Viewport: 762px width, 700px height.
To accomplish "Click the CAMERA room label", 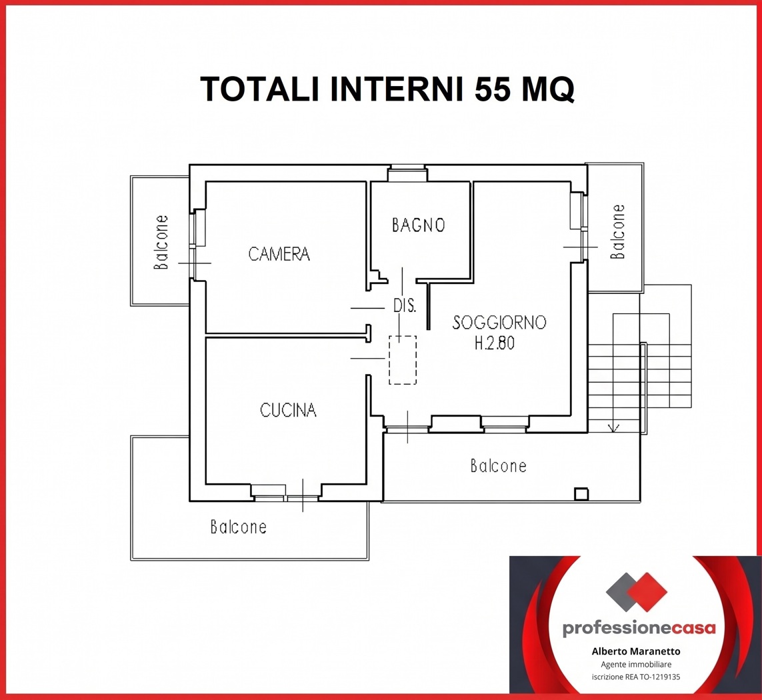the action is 279,254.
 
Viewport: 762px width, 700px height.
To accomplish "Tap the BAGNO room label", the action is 419,225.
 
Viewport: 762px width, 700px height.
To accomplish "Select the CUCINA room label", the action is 288,410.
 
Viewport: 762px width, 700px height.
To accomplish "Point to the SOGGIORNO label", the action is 499,322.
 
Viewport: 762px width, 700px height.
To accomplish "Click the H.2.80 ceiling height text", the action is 494,343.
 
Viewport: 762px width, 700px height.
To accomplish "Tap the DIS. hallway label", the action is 404,305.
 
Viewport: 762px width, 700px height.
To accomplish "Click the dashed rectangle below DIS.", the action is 403,360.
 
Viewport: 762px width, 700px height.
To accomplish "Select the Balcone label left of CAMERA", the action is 161,242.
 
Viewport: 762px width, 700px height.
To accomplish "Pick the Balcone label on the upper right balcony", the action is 617,231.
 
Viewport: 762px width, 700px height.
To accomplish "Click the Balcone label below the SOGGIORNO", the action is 498,466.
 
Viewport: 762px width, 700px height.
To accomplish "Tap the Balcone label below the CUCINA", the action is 238,527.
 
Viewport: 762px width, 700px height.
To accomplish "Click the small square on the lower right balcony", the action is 581,494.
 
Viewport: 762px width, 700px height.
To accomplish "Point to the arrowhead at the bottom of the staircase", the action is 614,428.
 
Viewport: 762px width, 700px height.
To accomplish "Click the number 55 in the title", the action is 493,89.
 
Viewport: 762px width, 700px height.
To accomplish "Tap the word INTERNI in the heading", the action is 397,89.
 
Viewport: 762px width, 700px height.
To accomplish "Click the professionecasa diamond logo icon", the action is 637,592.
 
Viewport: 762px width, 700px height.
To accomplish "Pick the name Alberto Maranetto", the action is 636,651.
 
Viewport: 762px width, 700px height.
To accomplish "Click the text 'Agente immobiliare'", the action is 636,665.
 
